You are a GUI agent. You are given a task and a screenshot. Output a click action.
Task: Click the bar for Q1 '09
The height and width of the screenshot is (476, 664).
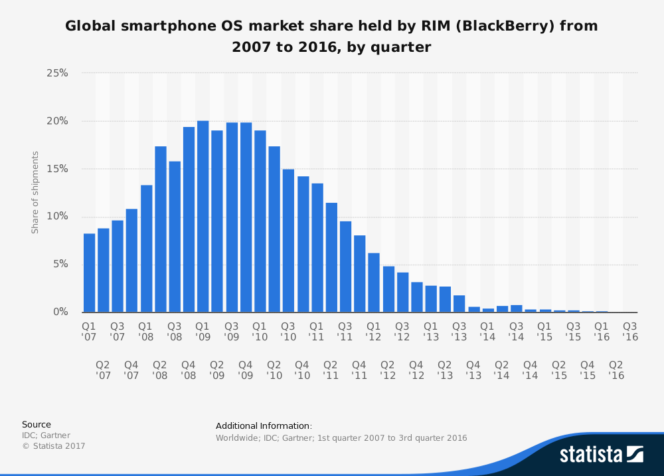tap(203, 217)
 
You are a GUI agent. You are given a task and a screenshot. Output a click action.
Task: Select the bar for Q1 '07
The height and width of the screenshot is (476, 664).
tap(89, 273)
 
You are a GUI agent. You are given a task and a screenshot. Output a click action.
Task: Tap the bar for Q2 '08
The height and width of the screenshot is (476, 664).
tap(160, 229)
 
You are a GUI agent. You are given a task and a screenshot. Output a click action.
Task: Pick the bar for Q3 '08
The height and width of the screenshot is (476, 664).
tap(175, 237)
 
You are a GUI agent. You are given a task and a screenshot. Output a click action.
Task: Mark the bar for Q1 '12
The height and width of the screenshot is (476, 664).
tap(374, 283)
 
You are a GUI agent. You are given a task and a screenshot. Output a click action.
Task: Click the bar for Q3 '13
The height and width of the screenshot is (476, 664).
tap(459, 304)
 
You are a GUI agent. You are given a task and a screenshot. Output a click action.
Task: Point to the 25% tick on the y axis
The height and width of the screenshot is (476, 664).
tap(56, 73)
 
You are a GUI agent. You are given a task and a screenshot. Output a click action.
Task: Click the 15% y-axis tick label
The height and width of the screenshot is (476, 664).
tap(56, 169)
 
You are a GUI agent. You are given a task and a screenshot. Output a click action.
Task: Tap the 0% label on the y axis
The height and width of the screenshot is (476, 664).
tap(60, 312)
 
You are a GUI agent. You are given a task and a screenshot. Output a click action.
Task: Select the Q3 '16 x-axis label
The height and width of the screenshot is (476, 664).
tap(629, 332)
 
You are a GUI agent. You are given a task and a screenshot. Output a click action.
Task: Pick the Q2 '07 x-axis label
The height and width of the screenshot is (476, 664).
tap(103, 370)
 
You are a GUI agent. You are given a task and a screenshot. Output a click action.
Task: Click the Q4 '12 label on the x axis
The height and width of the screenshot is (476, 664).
tap(416, 370)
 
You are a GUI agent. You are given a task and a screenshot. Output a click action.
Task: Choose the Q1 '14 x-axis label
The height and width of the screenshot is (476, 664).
tap(487, 332)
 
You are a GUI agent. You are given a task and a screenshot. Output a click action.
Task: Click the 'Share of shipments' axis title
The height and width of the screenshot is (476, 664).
tap(35, 193)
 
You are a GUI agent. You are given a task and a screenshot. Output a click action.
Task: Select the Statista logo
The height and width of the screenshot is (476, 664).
tap(601, 454)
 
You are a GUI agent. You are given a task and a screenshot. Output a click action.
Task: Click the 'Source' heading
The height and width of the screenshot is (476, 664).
tap(36, 424)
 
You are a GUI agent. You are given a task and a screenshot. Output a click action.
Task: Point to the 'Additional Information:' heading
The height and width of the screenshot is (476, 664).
tap(264, 425)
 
